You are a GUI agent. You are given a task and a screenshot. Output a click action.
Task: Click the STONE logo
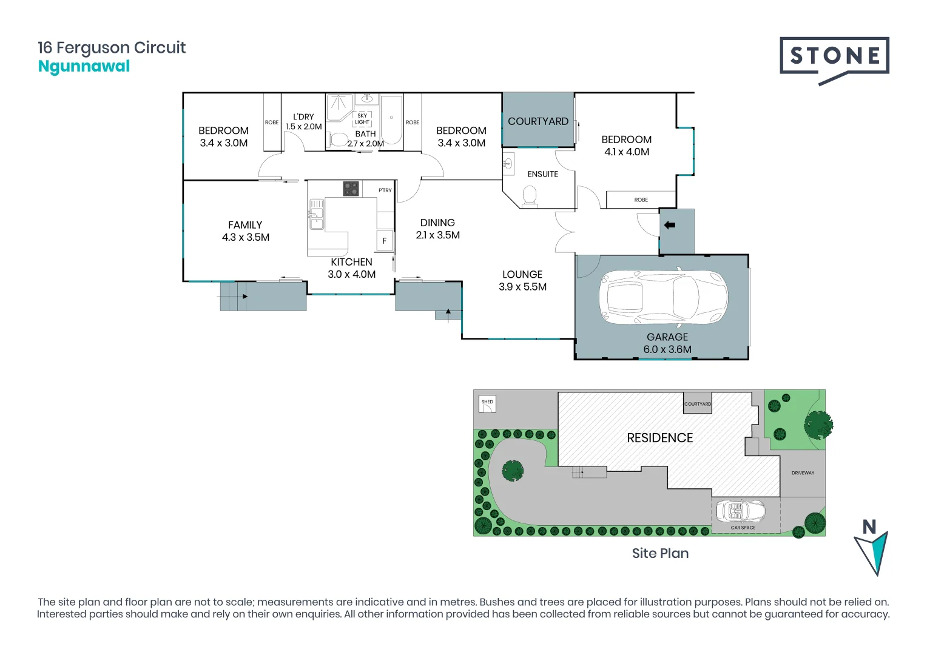[834, 57]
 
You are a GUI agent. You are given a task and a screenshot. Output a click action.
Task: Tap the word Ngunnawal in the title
[84, 66]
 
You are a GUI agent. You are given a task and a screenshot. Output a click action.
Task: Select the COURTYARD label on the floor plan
[538, 121]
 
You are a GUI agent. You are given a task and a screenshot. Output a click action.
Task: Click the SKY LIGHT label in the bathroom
[362, 119]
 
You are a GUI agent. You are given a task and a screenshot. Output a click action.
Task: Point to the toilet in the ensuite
[530, 195]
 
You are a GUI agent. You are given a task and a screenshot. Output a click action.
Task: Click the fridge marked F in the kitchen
[384, 240]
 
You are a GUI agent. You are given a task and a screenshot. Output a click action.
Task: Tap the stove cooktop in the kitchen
[351, 189]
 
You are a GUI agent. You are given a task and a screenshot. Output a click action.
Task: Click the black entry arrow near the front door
[669, 225]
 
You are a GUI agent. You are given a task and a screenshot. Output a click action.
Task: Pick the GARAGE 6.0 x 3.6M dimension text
[667, 343]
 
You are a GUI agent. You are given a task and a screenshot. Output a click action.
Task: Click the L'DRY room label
[303, 121]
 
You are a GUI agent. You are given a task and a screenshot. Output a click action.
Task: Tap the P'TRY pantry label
[385, 190]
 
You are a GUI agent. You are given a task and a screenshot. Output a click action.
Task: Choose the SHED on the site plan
[487, 405]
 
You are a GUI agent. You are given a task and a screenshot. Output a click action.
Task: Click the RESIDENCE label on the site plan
[659, 438]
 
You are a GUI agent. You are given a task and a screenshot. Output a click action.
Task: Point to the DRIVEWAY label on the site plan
[803, 473]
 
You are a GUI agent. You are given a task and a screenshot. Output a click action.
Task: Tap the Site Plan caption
[660, 553]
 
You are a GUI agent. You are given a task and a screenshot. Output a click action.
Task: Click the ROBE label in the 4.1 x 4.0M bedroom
[641, 200]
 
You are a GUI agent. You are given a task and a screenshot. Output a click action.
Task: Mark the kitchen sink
[316, 213]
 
